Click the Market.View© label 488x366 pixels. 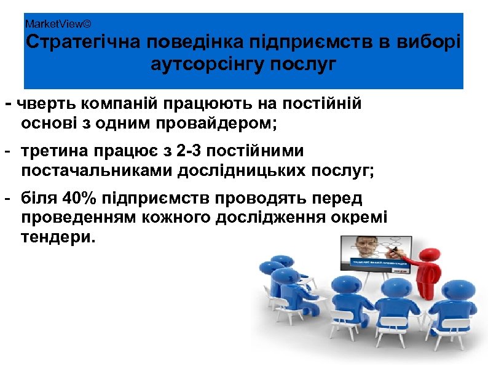pos(58,24)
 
